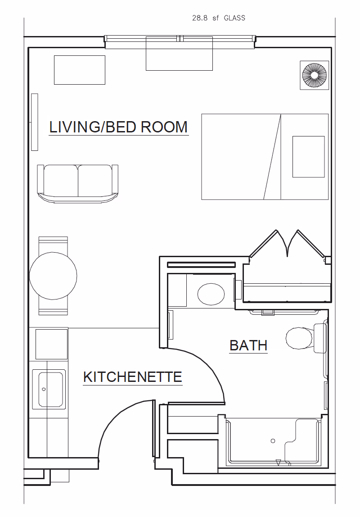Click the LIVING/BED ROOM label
tap(118, 127)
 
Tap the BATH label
tap(248, 345)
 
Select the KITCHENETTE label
tap(133, 377)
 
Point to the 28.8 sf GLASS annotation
tap(219, 18)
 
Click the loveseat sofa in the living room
tap(78, 182)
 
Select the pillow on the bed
tap(308, 156)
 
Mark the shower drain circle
tap(272, 441)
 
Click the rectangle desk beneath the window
tap(179, 54)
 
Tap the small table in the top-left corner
tap(80, 70)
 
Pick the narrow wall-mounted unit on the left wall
tap(35, 122)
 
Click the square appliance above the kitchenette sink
tap(52, 344)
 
